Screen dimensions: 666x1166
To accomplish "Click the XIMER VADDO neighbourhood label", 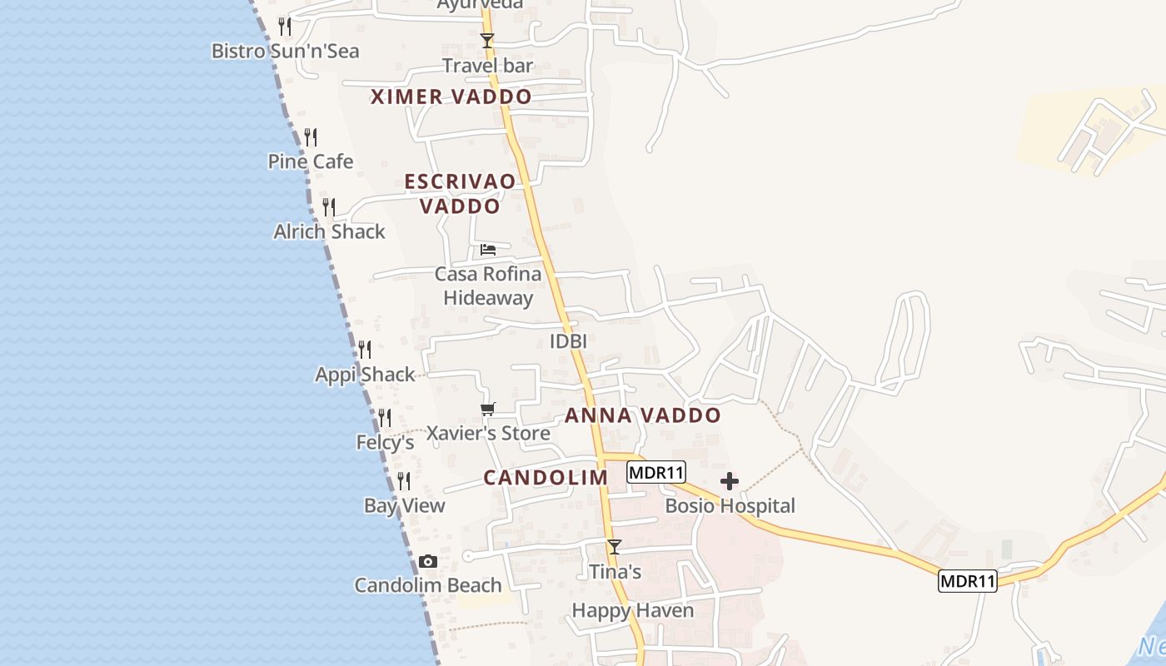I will point(451,97).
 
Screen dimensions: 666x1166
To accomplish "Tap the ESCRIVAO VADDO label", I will point(460,193).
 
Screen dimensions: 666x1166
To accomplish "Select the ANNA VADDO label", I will point(642,415).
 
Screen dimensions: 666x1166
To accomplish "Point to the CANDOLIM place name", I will point(546,477).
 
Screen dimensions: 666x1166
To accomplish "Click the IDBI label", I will point(568,340).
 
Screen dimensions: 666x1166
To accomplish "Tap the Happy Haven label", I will point(632,610).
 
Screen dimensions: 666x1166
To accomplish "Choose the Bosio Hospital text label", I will point(730,505).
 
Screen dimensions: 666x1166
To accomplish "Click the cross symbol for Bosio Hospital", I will point(730,481).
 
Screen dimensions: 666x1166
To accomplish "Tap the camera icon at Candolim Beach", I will point(428,562).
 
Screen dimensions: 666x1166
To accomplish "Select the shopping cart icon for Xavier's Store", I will point(488,409).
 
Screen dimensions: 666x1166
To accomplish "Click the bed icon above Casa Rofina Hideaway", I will point(488,249).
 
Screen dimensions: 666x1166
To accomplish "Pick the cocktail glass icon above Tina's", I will point(615,547).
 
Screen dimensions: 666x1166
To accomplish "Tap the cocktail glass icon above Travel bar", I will point(487,40).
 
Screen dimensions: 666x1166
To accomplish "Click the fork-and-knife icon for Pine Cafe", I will point(311,137).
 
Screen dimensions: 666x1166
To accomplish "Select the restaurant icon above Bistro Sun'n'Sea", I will point(285,26).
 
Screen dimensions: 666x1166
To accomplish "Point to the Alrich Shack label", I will point(329,231).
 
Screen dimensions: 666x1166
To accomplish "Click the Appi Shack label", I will point(365,375).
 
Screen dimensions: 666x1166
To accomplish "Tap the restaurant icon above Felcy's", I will point(385,417).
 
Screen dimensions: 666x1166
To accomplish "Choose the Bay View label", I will point(405,505).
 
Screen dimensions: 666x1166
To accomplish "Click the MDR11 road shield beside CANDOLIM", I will point(655,472).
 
